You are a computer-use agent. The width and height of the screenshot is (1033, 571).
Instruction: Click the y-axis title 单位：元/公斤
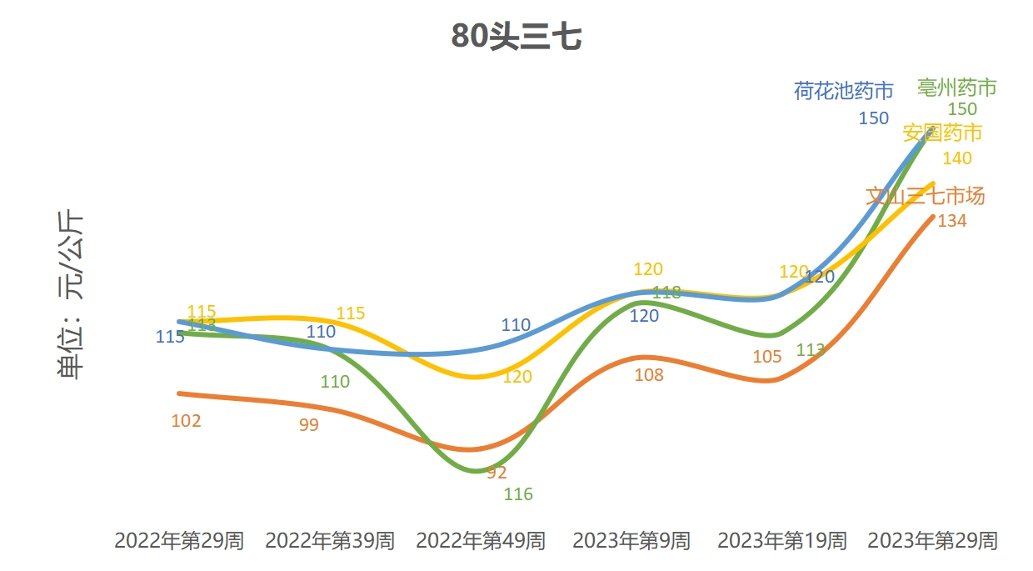71,295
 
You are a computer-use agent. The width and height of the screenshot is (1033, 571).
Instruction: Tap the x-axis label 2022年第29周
179,541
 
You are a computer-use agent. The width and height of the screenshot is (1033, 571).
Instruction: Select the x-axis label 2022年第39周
330,541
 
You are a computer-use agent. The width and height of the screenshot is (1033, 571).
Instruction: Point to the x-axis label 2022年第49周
481,541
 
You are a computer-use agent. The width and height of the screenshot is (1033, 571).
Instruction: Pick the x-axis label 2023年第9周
631,541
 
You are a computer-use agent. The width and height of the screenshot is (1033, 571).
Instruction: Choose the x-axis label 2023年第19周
782,541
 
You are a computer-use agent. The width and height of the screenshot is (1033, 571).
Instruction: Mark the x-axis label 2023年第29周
932,541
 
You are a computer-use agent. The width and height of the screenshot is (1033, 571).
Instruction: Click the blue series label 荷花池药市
843,91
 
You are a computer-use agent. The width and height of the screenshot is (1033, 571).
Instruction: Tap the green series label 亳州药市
957,88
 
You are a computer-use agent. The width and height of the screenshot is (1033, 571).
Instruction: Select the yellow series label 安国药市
942,133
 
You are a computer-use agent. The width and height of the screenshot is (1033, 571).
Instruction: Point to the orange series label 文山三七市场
925,197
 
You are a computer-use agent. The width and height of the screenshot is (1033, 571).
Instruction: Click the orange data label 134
952,221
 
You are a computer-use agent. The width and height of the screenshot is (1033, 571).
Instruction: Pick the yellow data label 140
957,158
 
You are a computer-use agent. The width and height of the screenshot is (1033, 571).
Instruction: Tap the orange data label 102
186,421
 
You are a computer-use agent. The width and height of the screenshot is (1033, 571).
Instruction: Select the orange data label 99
308,425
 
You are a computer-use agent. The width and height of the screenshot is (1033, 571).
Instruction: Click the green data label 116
518,494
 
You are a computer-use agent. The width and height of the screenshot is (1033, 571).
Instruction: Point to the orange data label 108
649,375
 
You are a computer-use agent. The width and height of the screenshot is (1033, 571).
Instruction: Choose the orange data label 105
767,357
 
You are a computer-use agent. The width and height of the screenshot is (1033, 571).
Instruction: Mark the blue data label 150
874,118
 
